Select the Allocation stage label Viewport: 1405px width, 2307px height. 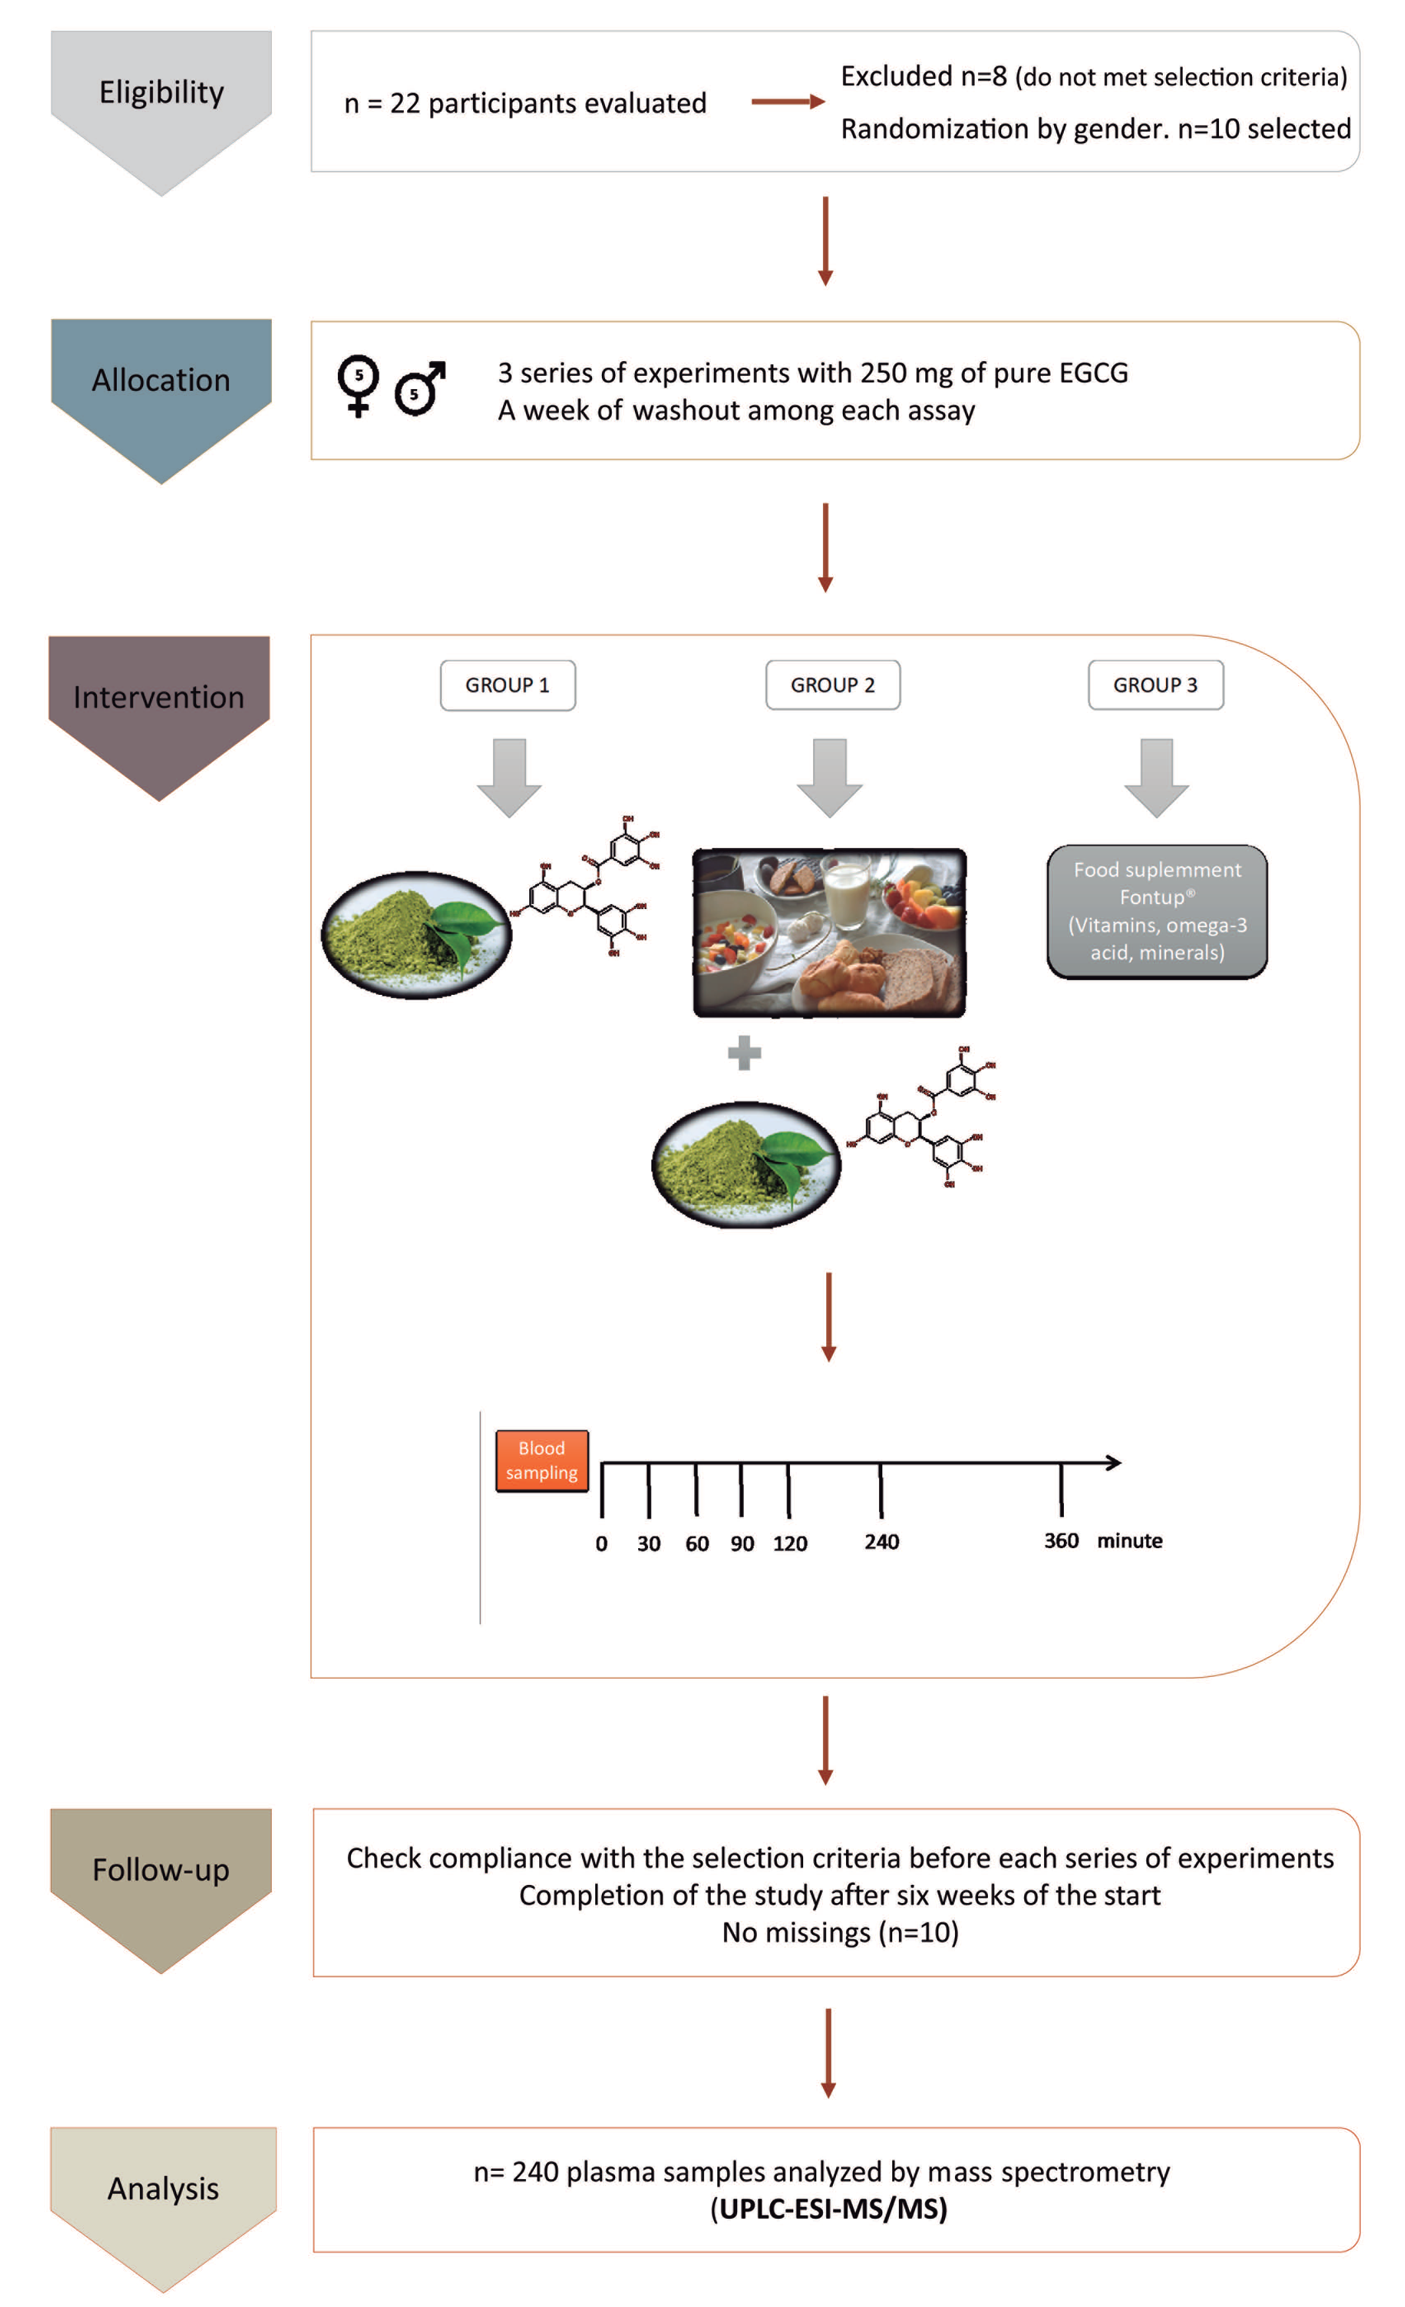(161, 380)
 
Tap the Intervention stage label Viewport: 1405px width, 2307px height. (159, 697)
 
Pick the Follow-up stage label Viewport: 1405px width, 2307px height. (161, 1870)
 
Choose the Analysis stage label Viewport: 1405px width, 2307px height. (163, 2189)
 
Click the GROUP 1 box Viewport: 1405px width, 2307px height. (507, 685)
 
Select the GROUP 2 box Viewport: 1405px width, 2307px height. (832, 685)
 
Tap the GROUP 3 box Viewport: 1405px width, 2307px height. (1155, 685)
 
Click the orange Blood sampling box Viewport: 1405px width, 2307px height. (542, 1461)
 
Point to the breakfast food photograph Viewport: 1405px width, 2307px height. (829, 933)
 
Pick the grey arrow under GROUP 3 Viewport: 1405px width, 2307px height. (1156, 777)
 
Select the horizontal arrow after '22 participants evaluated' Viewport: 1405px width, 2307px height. (787, 101)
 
